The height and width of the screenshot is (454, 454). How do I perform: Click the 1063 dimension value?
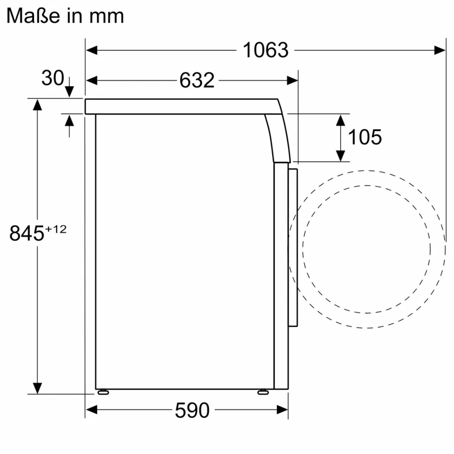click(x=266, y=50)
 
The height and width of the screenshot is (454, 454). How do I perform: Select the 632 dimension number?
click(x=197, y=80)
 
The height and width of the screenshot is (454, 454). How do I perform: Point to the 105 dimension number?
click(x=365, y=137)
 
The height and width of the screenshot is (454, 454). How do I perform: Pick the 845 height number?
click(x=27, y=234)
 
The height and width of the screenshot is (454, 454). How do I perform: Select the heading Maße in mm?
click(x=65, y=16)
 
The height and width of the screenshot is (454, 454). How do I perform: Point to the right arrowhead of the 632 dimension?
click(x=292, y=80)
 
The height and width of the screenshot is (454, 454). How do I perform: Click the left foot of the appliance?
click(x=103, y=391)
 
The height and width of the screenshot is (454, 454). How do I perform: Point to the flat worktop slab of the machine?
click(x=182, y=106)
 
